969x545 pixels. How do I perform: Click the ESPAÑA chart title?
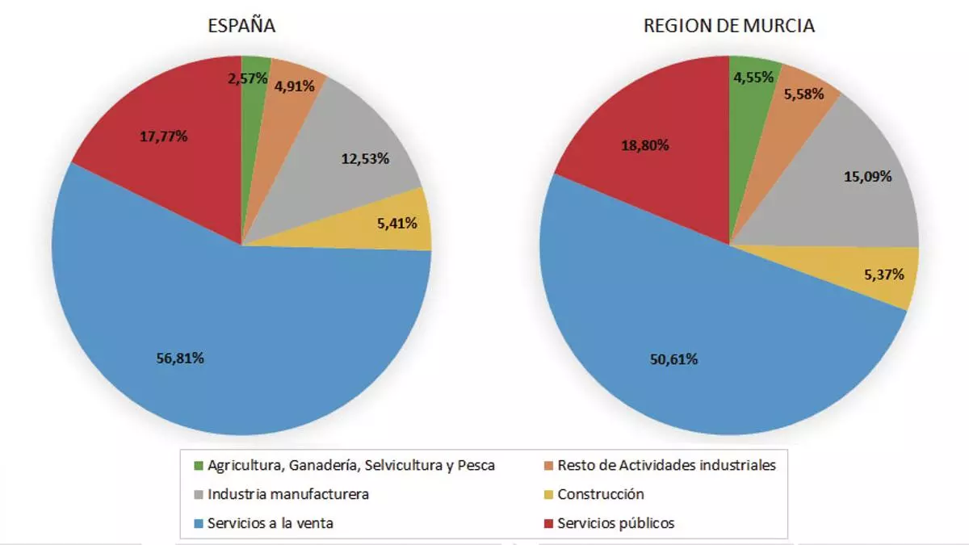241,25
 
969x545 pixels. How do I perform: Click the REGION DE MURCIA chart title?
728,25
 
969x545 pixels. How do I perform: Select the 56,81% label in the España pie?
179,358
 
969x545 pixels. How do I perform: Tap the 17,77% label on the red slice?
164,136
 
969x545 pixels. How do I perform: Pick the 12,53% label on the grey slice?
366,159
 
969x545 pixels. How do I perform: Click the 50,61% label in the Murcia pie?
673,359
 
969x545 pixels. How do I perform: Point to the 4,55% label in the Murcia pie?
752,78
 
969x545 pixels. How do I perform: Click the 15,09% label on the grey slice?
867,176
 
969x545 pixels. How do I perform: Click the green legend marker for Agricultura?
199,466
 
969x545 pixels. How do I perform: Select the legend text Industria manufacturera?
288,494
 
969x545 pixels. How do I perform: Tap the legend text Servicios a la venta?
271,523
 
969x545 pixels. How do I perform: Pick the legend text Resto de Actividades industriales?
666,465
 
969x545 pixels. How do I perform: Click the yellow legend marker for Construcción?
549,494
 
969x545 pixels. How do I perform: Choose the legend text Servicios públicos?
615,523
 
